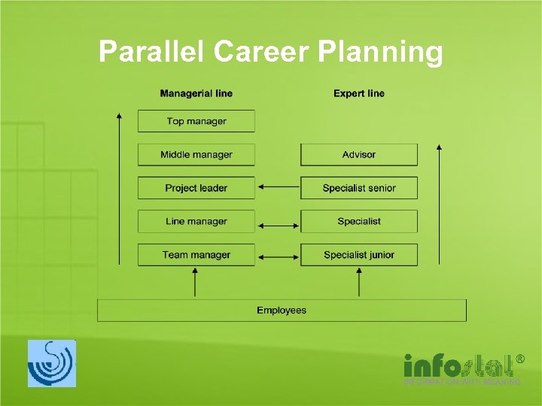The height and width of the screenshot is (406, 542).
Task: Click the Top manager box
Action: coord(196,121)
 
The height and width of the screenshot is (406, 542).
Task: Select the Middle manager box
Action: coord(196,155)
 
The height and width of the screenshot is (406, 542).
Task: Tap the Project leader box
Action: coord(196,188)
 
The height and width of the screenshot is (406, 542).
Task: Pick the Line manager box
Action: coord(196,221)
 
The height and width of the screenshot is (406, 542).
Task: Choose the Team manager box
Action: coord(196,255)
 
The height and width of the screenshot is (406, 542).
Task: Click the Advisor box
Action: coord(358,155)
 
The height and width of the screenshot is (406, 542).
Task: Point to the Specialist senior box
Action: coord(358,188)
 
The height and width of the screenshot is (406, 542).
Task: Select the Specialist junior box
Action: coord(358,255)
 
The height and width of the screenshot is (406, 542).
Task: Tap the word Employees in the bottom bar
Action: coord(282,310)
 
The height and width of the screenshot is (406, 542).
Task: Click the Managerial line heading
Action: coord(196,93)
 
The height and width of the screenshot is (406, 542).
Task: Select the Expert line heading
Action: coord(358,93)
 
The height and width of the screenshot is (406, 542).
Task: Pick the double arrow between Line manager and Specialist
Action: coord(278,223)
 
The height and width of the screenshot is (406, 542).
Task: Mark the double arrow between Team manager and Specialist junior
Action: coord(278,257)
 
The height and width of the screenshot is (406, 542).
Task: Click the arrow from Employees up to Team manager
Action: coord(195,283)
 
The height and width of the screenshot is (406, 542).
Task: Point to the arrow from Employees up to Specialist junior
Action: coord(358,283)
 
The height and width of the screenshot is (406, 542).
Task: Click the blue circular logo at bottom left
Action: coord(52,363)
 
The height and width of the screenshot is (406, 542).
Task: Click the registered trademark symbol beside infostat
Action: coord(519,360)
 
